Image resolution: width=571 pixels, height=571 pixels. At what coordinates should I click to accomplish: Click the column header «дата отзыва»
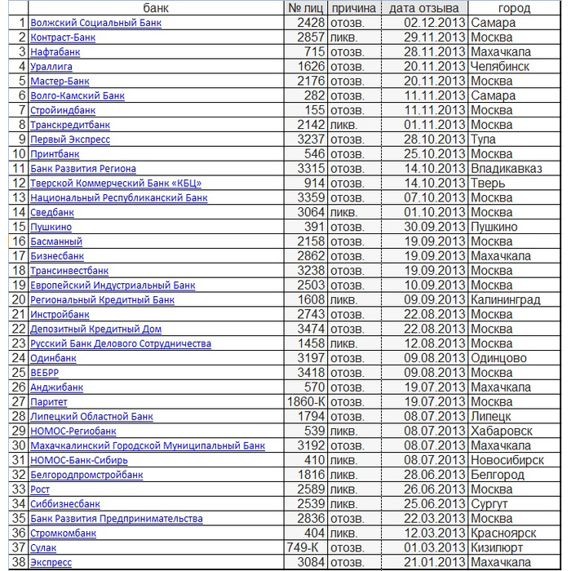(423, 8)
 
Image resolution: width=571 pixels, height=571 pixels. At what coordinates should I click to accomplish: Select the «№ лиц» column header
(306, 8)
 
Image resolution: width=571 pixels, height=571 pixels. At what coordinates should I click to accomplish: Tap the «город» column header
(514, 8)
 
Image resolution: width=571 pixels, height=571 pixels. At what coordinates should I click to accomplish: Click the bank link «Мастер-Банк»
(60, 82)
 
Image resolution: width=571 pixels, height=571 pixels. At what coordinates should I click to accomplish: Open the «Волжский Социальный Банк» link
(95, 23)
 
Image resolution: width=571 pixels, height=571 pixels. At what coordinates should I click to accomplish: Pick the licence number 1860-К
(307, 402)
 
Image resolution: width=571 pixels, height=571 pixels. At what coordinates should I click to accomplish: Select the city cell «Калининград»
(506, 300)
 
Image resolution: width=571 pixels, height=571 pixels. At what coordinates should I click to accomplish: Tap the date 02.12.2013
(436, 23)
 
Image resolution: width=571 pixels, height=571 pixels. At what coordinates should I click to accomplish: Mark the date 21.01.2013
(436, 563)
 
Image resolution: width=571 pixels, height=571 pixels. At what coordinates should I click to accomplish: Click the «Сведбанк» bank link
(52, 213)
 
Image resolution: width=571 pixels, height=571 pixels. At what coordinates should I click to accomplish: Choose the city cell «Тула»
(484, 139)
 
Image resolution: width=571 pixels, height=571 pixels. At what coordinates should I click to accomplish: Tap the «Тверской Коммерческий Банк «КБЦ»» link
(116, 184)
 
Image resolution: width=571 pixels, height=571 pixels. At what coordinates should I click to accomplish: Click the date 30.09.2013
(436, 228)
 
